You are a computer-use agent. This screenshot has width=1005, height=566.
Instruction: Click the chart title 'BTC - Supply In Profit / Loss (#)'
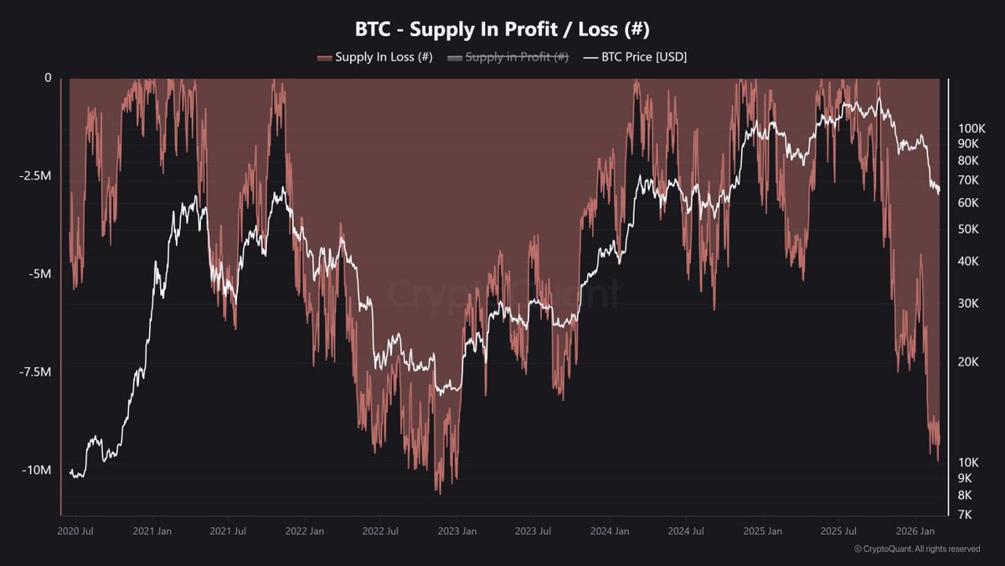pos(502,29)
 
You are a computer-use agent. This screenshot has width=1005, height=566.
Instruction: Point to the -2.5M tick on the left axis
pos(36,176)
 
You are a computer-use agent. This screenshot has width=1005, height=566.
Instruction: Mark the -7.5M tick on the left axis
pos(36,372)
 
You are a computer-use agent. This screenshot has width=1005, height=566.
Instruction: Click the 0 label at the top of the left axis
pos(48,78)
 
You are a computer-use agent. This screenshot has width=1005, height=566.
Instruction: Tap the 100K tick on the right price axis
pos(971,128)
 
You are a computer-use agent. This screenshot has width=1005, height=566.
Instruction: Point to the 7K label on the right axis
pos(966,514)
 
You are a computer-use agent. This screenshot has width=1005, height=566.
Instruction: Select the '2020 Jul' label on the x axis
pos(75,532)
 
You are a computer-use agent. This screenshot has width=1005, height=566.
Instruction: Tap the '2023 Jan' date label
pos(457,532)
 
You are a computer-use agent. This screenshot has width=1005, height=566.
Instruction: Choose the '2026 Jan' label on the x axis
pos(915,532)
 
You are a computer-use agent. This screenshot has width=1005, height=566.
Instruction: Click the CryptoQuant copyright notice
pos(916,549)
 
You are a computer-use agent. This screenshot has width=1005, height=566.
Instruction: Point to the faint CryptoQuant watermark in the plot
pos(502,293)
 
